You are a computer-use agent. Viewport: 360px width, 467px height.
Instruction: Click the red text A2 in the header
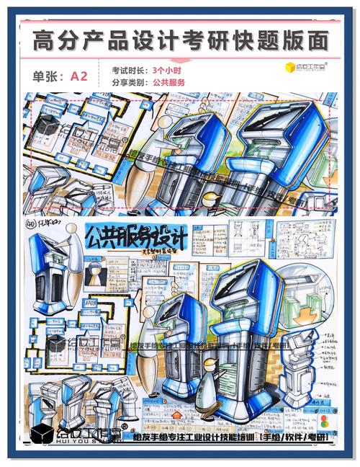coord(78,76)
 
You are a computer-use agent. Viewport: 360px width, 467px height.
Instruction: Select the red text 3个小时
coord(167,71)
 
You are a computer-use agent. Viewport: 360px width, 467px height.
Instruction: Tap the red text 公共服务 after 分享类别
coord(168,83)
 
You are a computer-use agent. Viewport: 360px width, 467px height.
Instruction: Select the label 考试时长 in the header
coord(129,71)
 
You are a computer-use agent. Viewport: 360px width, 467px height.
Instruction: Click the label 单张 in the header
coord(48,76)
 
